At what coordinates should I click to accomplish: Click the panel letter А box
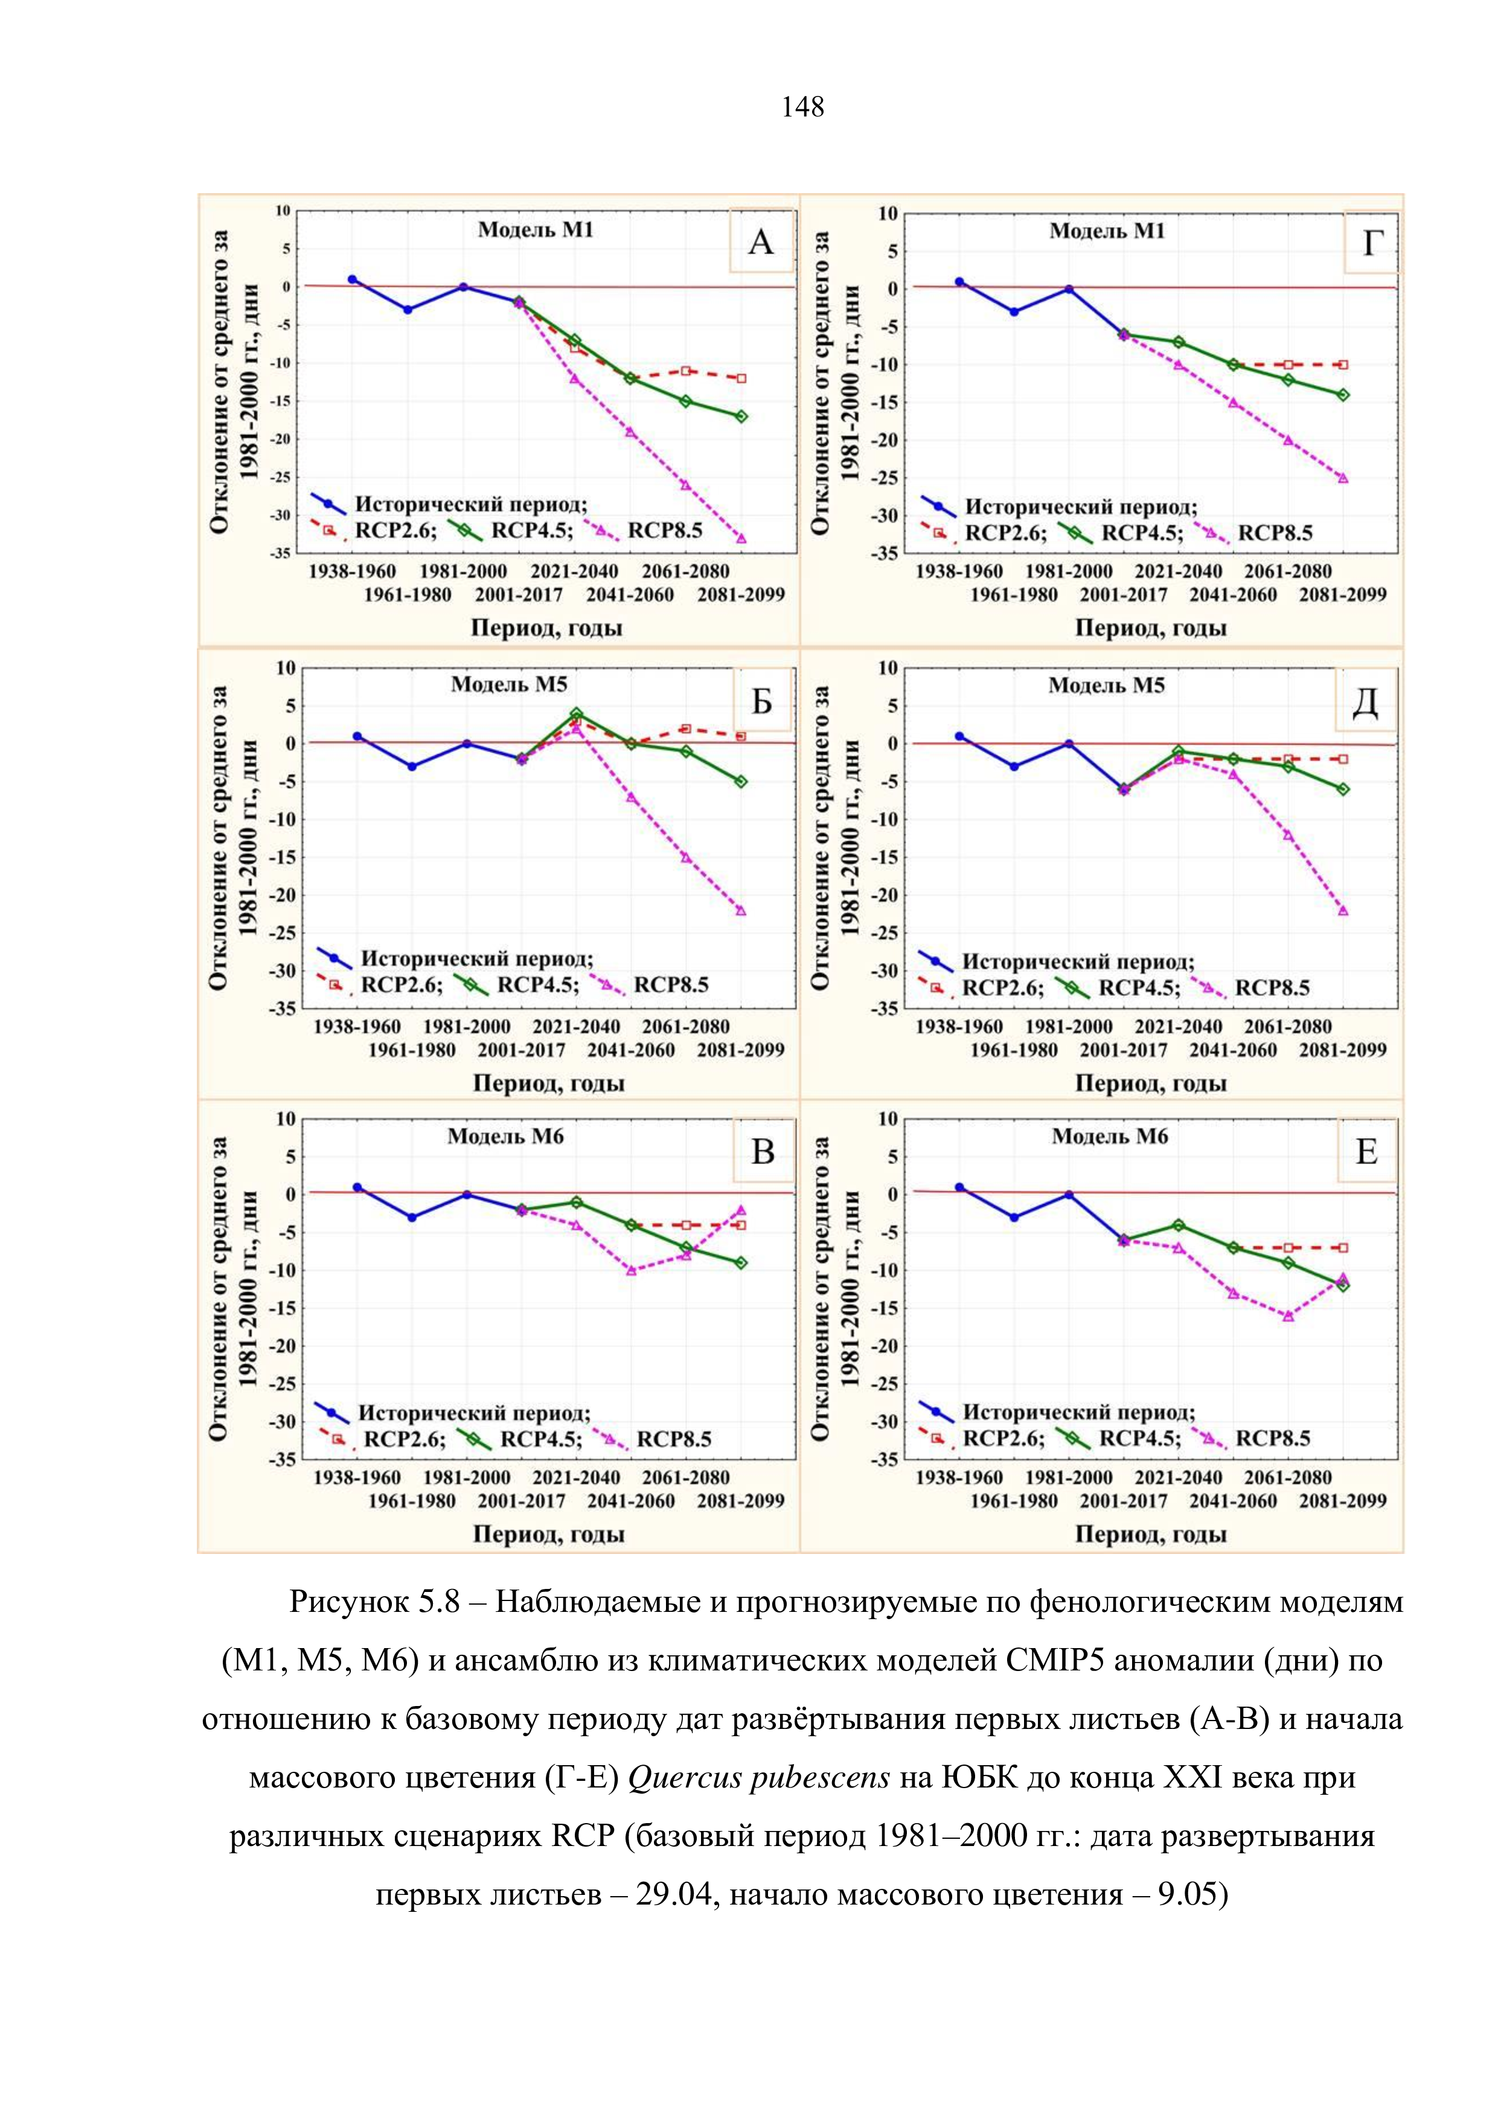(x=761, y=241)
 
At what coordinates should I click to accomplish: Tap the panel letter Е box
(x=1366, y=1151)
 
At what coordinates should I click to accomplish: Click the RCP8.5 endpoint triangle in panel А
(x=741, y=538)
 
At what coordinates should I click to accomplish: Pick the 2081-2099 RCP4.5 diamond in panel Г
(x=1343, y=395)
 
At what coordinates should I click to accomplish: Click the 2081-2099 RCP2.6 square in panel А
(x=741, y=378)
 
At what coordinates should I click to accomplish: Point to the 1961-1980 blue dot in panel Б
(x=411, y=766)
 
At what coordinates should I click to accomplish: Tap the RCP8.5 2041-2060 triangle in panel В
(x=631, y=1270)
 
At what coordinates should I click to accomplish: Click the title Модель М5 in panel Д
(x=1106, y=685)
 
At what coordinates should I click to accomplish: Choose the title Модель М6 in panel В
(x=505, y=1136)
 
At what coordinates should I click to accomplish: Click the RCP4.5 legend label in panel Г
(x=1142, y=533)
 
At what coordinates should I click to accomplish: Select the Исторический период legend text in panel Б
(x=476, y=959)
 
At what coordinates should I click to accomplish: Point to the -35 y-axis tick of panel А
(x=280, y=553)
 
